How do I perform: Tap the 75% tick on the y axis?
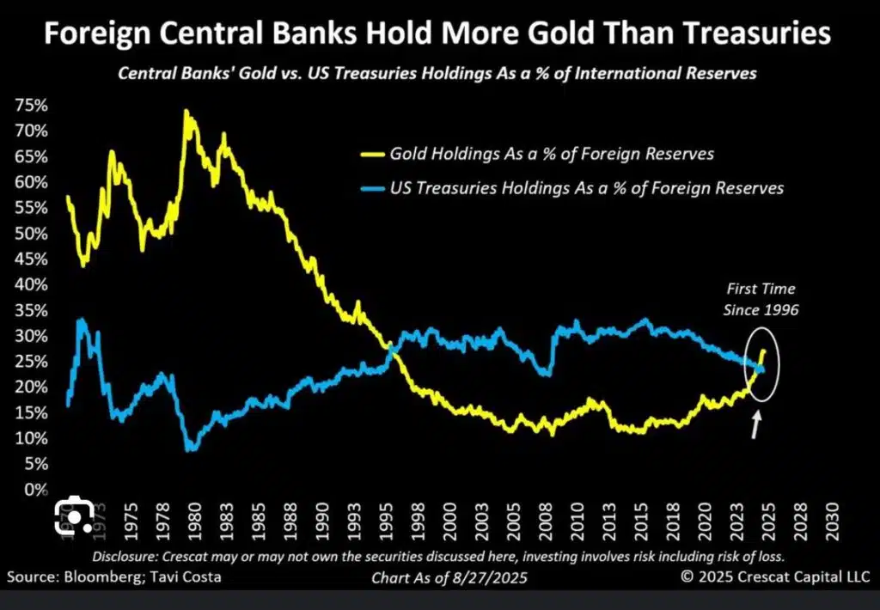click(x=30, y=106)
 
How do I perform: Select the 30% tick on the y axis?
click(x=30, y=336)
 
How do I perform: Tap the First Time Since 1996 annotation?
click(x=761, y=299)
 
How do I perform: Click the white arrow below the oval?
click(x=756, y=424)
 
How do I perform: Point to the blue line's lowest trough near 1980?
click(x=191, y=447)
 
